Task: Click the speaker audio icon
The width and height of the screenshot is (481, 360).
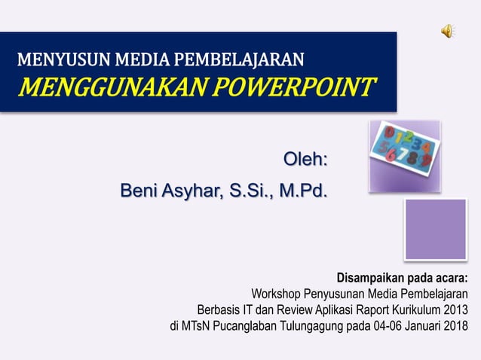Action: [x=447, y=30]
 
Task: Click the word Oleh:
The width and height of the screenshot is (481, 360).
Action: [x=305, y=160]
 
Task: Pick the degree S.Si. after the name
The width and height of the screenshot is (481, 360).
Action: [x=250, y=191]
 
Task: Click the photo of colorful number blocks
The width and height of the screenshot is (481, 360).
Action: [x=404, y=156]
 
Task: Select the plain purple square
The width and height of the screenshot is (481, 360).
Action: [x=436, y=229]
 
